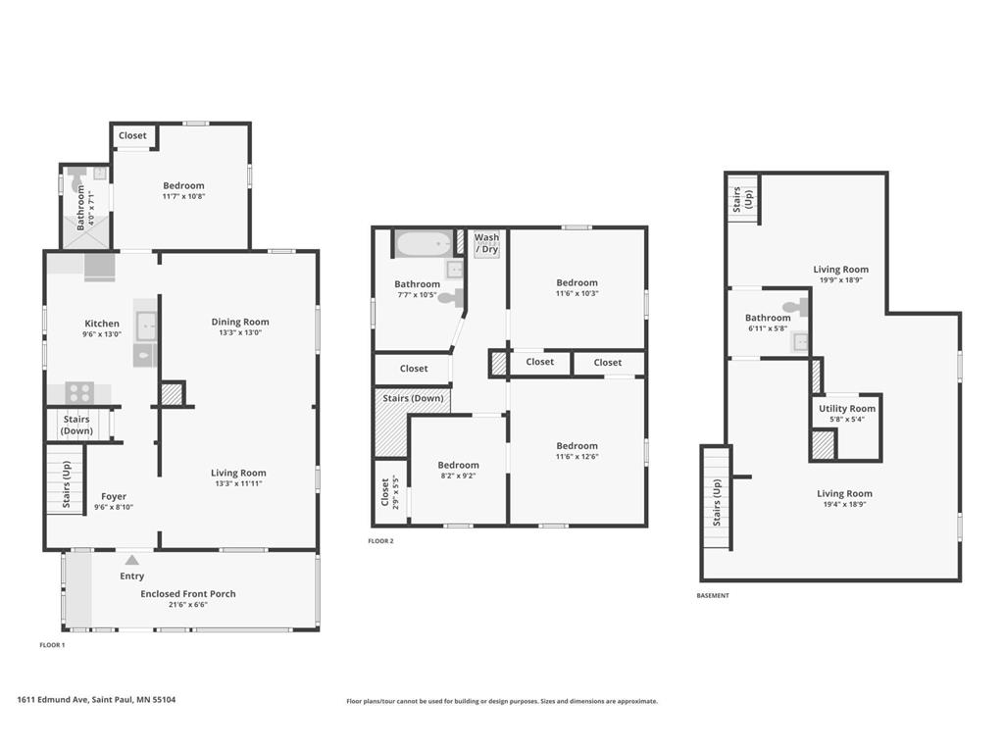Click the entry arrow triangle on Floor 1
tap(131, 560)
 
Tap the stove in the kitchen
tap(78, 393)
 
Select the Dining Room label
tap(239, 322)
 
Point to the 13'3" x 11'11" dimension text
tap(239, 483)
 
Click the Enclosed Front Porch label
tap(188, 593)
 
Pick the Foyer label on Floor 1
tap(114, 496)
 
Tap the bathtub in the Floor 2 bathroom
tap(423, 242)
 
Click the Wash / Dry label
tap(486, 243)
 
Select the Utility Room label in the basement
tap(847, 409)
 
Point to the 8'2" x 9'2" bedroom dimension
tap(458, 476)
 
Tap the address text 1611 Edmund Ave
tap(96, 700)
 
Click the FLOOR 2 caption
tap(380, 541)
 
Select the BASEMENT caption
tap(713, 595)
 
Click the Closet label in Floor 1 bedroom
tap(132, 135)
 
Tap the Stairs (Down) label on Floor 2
tap(413, 398)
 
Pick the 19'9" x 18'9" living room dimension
tap(840, 279)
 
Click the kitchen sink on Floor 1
tap(145, 324)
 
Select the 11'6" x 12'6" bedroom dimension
tap(577, 456)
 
